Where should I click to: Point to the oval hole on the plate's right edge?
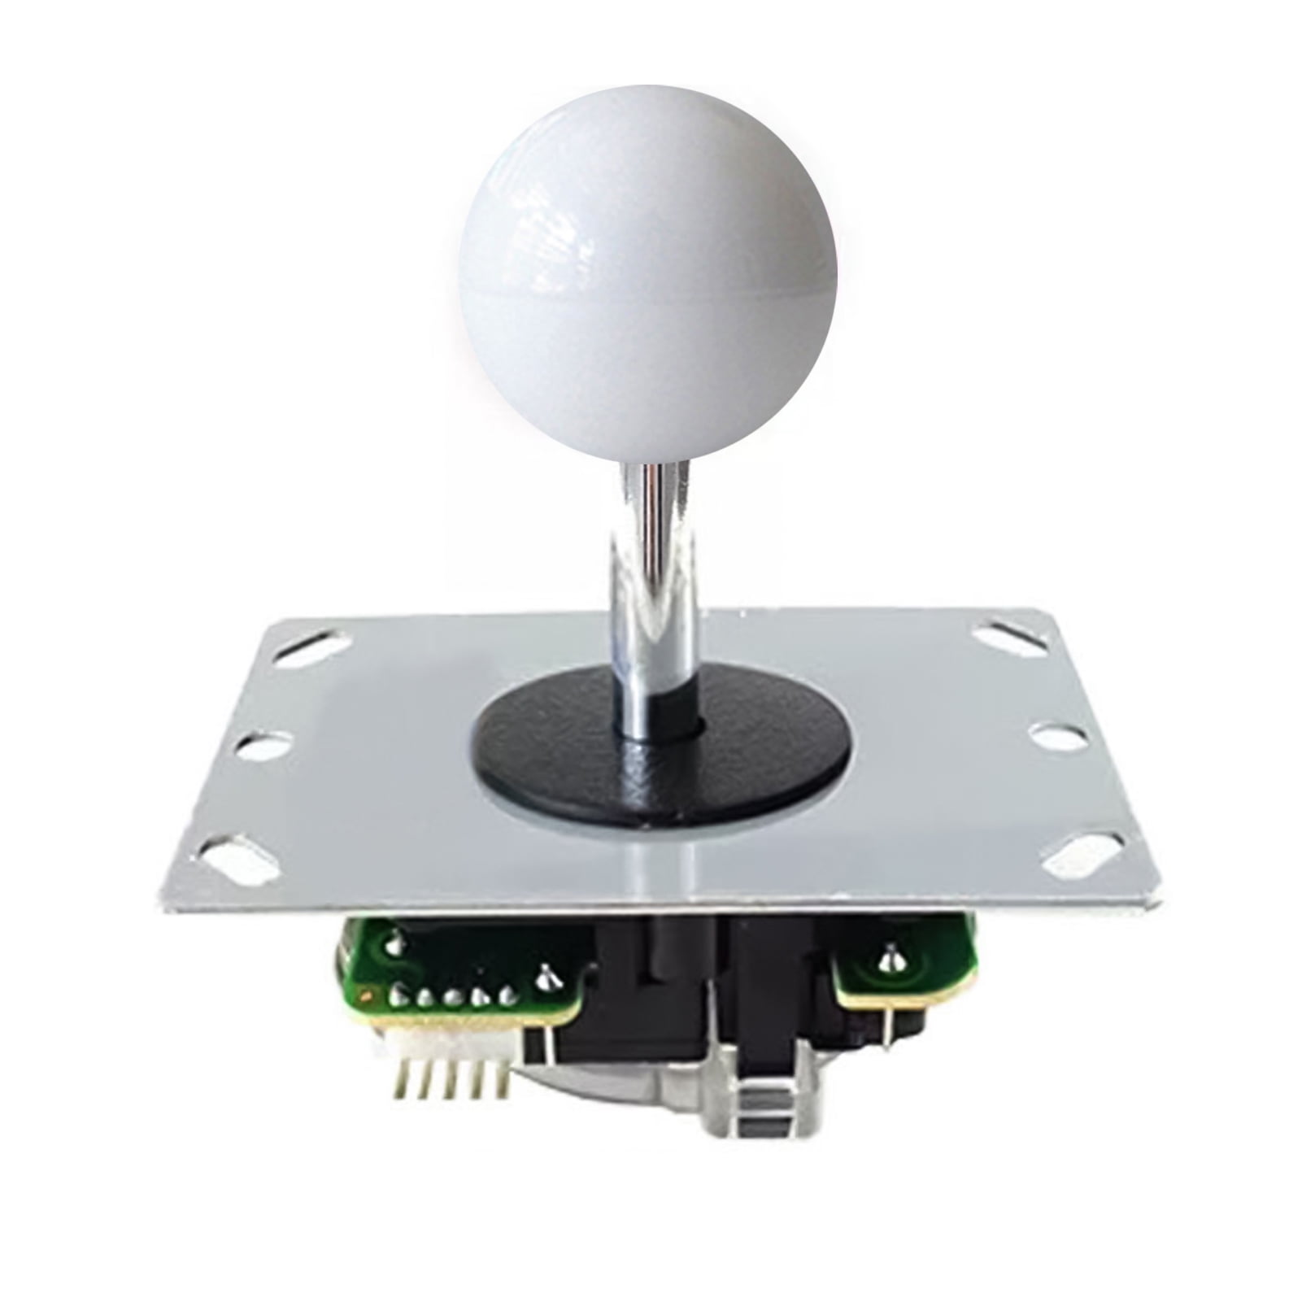(x=1055, y=736)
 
